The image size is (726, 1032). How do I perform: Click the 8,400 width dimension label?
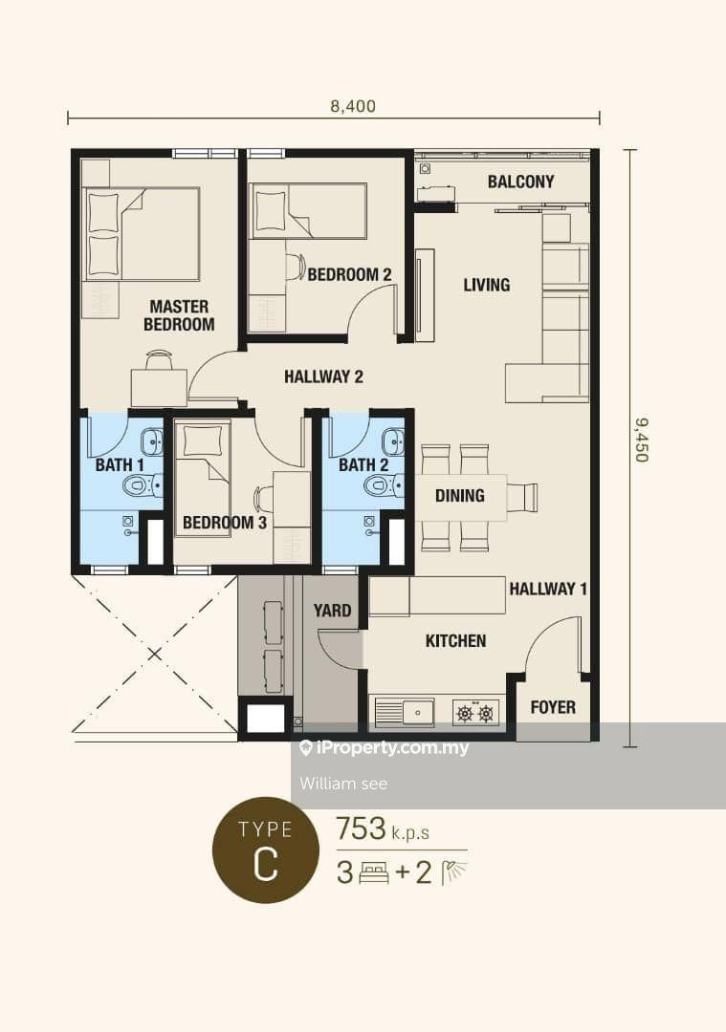(353, 106)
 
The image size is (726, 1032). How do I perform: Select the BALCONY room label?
(520, 182)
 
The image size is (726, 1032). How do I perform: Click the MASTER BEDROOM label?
(179, 315)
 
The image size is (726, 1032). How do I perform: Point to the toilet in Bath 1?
(141, 486)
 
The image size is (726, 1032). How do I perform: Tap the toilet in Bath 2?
(384, 486)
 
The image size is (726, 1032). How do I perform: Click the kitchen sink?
(404, 713)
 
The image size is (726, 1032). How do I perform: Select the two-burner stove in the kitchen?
(475, 713)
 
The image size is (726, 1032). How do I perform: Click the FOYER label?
(553, 707)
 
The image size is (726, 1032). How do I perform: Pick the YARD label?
(332, 610)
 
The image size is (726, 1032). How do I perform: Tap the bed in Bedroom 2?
(310, 210)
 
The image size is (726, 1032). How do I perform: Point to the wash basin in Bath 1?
(153, 441)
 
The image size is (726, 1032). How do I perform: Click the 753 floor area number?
(361, 828)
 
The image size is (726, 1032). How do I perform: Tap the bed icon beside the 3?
(374, 873)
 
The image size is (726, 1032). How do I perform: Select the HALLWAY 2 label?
(323, 376)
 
